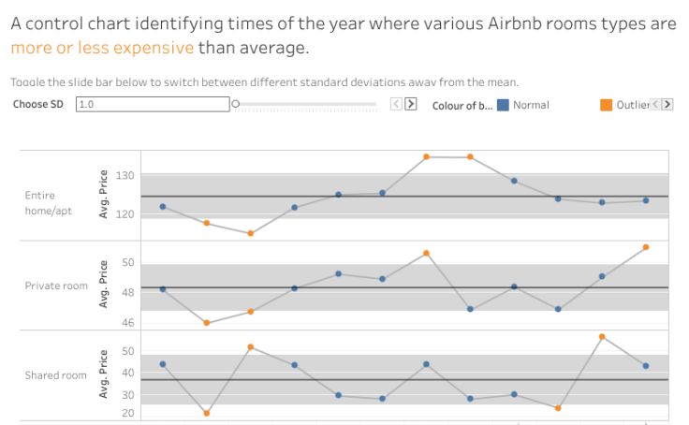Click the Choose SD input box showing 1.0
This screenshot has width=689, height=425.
[x=152, y=105]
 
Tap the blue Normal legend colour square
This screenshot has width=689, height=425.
[x=503, y=105]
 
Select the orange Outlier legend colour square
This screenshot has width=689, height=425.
[x=606, y=105]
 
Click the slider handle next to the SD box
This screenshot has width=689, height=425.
[x=235, y=105]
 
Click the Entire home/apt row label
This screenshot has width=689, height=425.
[x=48, y=203]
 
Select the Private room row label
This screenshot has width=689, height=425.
[x=56, y=286]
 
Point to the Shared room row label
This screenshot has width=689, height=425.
[x=56, y=375]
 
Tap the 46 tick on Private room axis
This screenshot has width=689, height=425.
[x=129, y=323]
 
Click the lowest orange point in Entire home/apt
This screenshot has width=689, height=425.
[x=250, y=233]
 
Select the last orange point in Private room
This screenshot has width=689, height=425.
[x=646, y=247]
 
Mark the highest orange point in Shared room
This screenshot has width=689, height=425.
[x=602, y=336]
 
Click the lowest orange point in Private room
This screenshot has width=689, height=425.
[x=206, y=323]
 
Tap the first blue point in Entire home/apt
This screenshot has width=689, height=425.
[x=163, y=207]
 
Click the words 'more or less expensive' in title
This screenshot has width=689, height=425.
[x=102, y=48]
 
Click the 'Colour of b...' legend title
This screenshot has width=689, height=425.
[x=462, y=105]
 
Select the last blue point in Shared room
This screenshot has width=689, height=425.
[x=646, y=366]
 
